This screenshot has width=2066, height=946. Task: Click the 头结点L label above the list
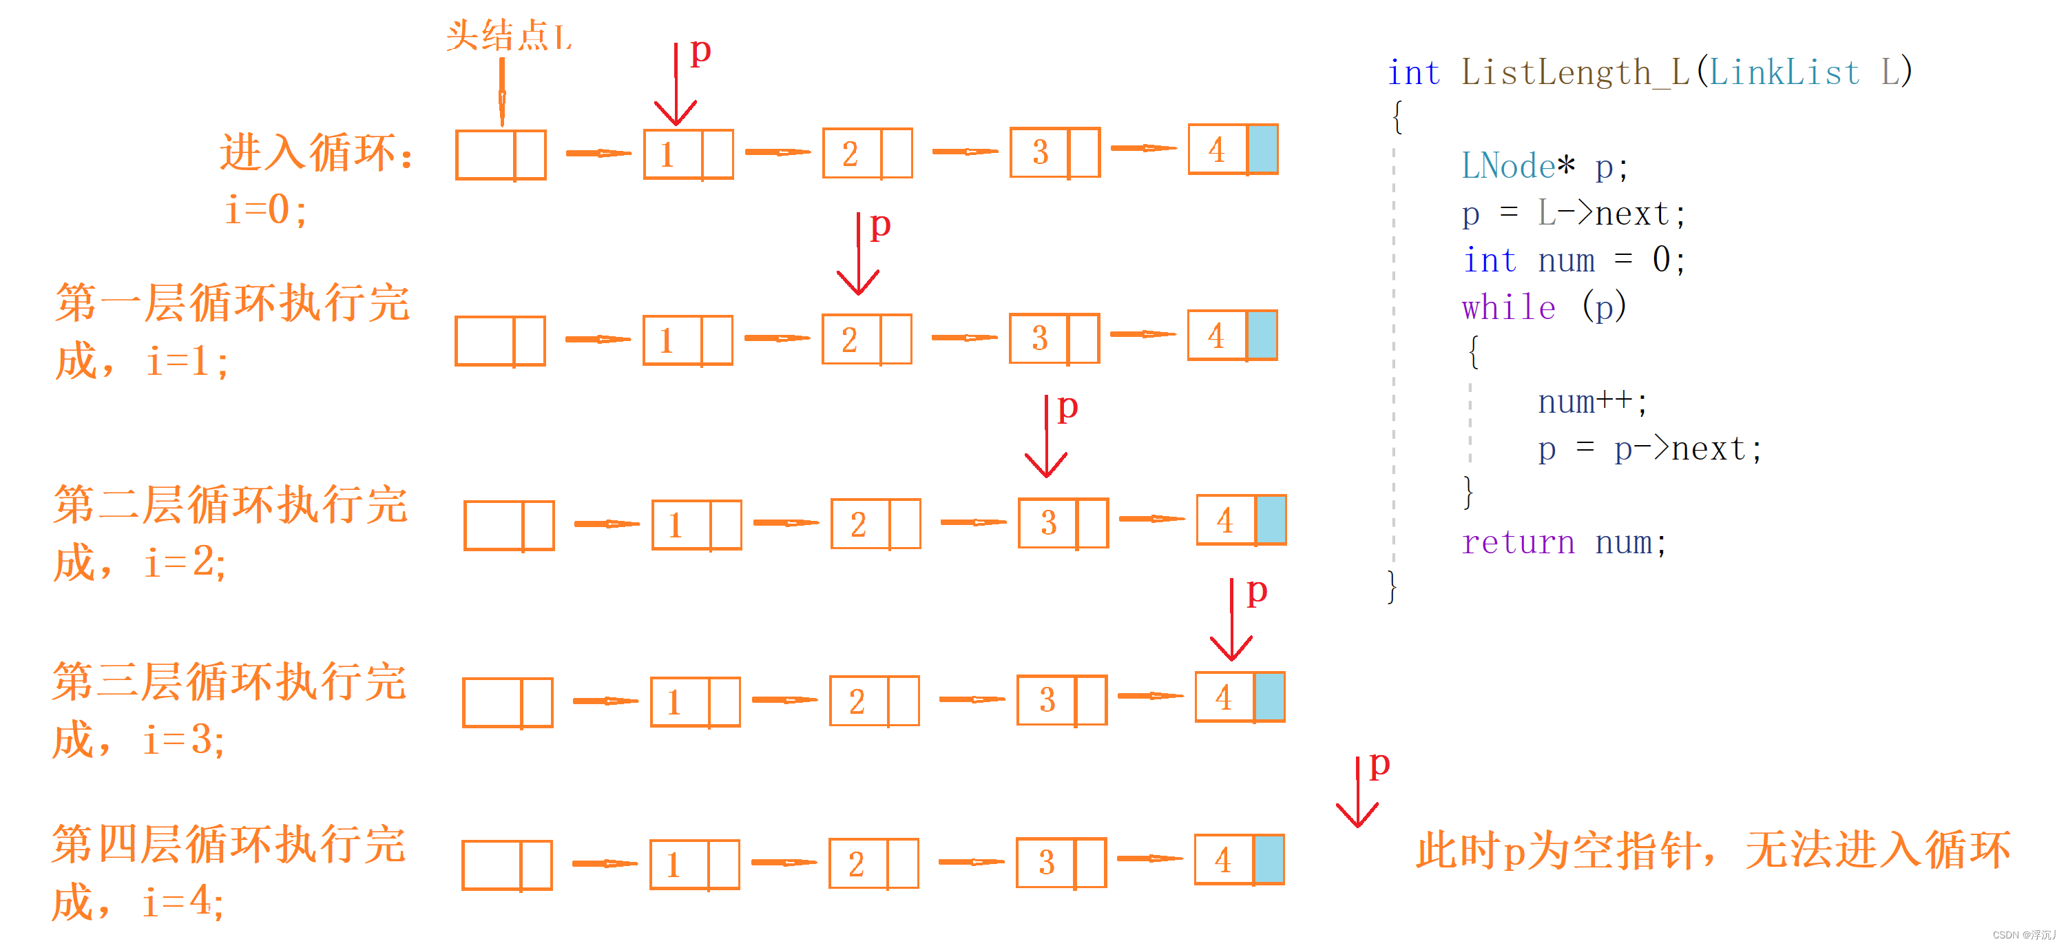508,36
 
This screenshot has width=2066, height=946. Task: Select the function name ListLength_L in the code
1574,73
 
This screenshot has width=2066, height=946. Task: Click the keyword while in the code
1507,307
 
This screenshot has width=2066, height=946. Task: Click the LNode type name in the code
1507,166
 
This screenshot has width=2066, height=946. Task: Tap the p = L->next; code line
1573,214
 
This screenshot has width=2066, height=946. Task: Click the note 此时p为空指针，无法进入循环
1712,850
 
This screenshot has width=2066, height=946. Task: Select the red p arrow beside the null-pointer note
1358,794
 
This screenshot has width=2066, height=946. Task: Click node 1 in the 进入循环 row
688,154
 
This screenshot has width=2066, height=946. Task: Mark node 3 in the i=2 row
1063,523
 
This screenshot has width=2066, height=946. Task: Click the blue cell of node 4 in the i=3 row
1269,697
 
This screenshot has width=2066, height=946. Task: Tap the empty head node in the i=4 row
507,865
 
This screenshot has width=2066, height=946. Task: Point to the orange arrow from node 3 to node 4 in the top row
1144,148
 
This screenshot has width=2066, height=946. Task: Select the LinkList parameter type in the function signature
1784,73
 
